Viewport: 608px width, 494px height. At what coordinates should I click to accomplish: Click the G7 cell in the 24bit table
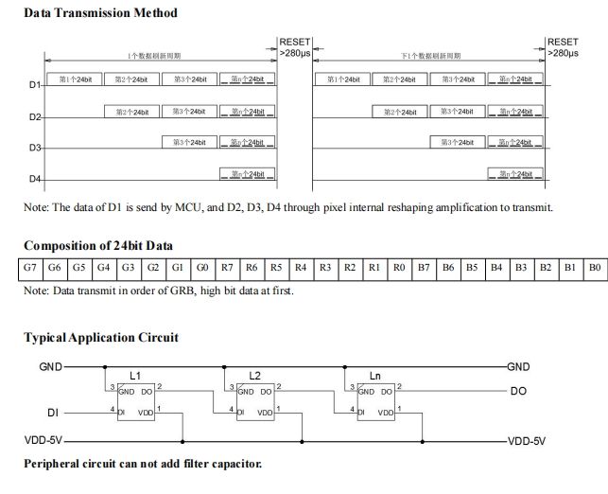click(30, 268)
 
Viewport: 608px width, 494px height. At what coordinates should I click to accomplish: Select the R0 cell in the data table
click(398, 268)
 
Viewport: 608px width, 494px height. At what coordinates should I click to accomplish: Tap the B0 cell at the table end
click(594, 268)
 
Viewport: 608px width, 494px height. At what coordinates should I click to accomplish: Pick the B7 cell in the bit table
click(423, 268)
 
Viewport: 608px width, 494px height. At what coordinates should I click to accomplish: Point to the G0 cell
click(202, 268)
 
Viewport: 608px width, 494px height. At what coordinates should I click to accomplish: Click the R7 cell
click(227, 268)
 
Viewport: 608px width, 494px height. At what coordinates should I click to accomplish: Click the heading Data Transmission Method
click(100, 13)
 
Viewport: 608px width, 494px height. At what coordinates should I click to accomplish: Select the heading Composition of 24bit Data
click(98, 245)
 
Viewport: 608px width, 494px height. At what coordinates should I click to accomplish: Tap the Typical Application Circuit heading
click(101, 337)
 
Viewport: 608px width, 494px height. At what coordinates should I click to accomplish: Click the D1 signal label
click(35, 86)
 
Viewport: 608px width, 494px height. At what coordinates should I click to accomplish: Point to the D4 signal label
click(35, 179)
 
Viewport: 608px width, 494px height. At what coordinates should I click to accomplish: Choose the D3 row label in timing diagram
click(35, 149)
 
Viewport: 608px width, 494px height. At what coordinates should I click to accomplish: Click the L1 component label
click(134, 376)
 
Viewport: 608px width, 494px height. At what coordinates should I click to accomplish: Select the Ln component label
click(375, 376)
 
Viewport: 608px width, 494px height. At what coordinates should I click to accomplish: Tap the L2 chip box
click(255, 401)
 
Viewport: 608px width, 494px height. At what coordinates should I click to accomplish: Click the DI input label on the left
click(53, 413)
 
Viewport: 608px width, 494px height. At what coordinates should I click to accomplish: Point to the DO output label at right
click(518, 390)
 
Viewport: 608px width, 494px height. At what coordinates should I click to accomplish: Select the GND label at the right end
click(519, 366)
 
